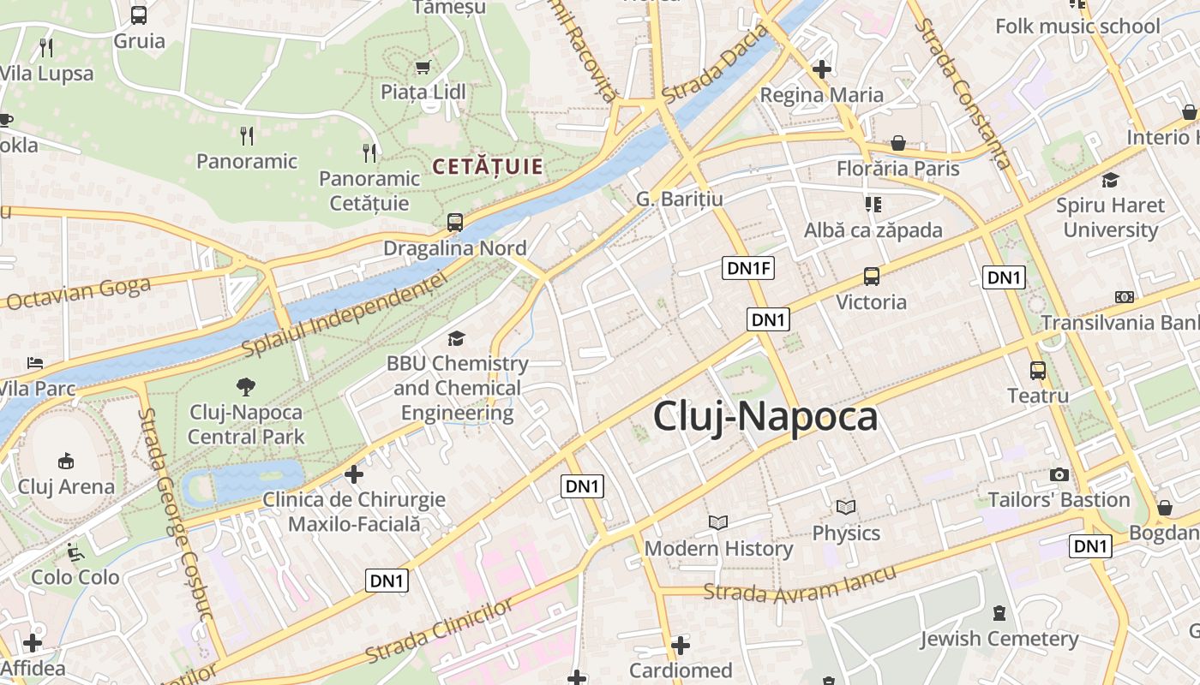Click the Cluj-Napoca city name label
pyautogui.click(x=765, y=417)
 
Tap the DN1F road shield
pyautogui.click(x=749, y=268)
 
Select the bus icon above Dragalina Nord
pyautogui.click(x=454, y=223)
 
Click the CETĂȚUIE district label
pyautogui.click(x=489, y=166)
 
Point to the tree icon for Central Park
pyautogui.click(x=246, y=386)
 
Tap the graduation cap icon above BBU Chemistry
pyautogui.click(x=456, y=338)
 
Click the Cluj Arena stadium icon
pyautogui.click(x=66, y=462)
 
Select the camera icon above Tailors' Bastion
pyautogui.click(x=1059, y=474)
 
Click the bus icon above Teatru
pyautogui.click(x=1037, y=370)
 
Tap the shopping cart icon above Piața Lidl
pyautogui.click(x=423, y=67)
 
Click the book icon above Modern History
pyautogui.click(x=717, y=522)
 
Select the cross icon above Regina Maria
pyautogui.click(x=822, y=68)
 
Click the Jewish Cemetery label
pyautogui.click(x=999, y=639)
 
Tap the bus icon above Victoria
pyautogui.click(x=871, y=276)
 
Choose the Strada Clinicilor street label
pyautogui.click(x=439, y=630)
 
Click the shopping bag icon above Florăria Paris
pyautogui.click(x=898, y=142)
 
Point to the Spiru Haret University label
pyautogui.click(x=1110, y=217)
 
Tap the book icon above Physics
pyautogui.click(x=846, y=507)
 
